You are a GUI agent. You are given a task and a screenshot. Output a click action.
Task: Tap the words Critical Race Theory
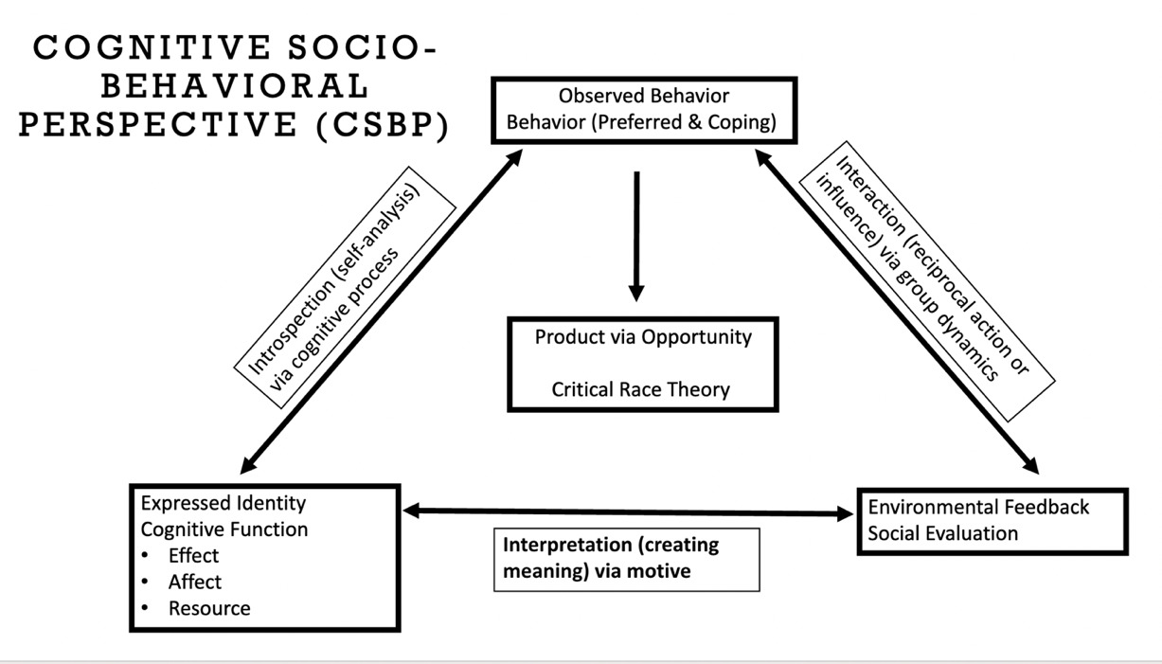[641, 389]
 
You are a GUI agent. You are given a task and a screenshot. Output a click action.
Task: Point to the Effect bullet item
[193, 555]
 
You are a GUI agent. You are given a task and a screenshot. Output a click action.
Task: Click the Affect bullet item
[195, 582]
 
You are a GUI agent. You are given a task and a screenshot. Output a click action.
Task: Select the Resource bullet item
[209, 608]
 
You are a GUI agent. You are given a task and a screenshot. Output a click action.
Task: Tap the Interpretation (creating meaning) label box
[626, 559]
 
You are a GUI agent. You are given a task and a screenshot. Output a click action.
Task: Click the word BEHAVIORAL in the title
[234, 86]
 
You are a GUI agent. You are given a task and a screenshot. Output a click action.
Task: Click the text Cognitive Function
[224, 529]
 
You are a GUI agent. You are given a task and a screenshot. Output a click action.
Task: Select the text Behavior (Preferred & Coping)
[643, 121]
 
